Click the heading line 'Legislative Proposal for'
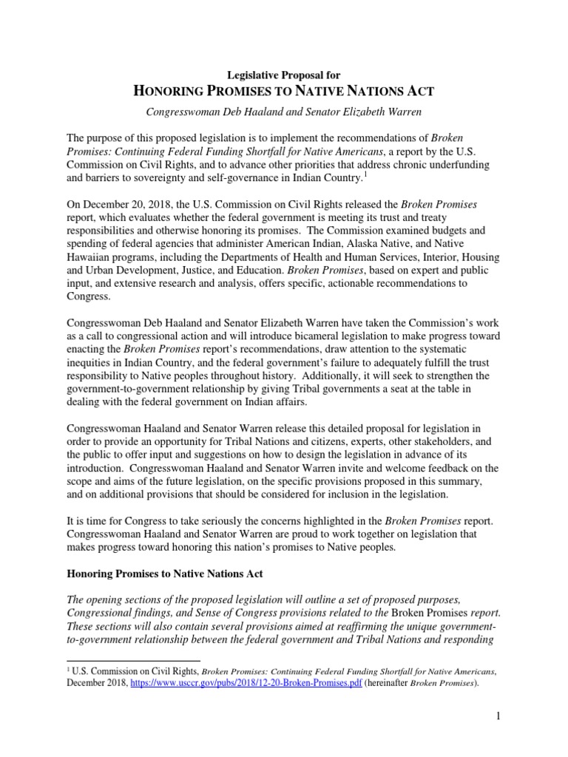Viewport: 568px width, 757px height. pyautogui.click(x=283, y=75)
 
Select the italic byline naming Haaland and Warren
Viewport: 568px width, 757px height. pyautogui.click(x=283, y=112)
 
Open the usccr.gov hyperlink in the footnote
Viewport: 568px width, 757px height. pyautogui.click(x=246, y=683)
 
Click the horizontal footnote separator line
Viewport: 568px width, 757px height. pyautogui.click(x=133, y=660)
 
